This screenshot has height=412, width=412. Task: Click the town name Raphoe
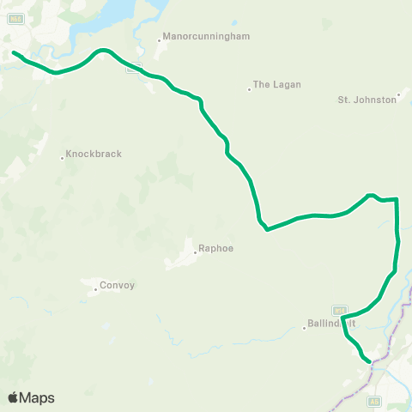point(215,249)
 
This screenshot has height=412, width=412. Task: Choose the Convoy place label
point(118,286)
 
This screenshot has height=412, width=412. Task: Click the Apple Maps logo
point(31,397)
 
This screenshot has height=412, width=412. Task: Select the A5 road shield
point(374,400)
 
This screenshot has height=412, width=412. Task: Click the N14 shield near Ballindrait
point(339,310)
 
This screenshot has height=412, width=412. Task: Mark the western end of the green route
point(14,53)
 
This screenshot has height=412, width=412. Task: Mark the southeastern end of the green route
point(369,361)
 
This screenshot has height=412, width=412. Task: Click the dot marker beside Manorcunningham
point(159,39)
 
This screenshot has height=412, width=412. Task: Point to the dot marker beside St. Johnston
point(400,95)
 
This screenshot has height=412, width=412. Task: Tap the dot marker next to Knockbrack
point(63,157)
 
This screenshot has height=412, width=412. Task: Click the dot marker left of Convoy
point(96,289)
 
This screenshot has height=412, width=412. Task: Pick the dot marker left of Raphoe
point(194,252)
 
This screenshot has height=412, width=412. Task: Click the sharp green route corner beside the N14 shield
point(342,318)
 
